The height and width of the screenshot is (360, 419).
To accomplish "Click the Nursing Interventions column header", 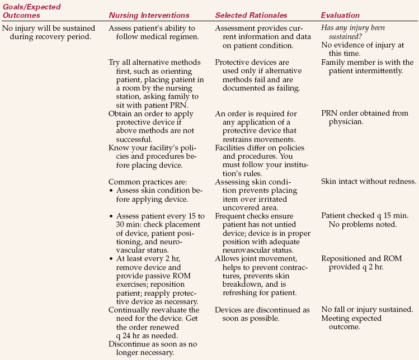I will pos(148,15).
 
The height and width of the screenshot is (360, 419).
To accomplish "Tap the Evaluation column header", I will pos(340,15).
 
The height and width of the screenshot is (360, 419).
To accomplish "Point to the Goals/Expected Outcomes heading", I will pos(31,11).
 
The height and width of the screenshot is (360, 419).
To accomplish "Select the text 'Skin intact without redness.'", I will pos(368,181).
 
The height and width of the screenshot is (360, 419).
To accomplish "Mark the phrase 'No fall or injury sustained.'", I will pos(367,310).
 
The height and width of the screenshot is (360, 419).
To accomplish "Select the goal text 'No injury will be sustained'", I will pos(49,28).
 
